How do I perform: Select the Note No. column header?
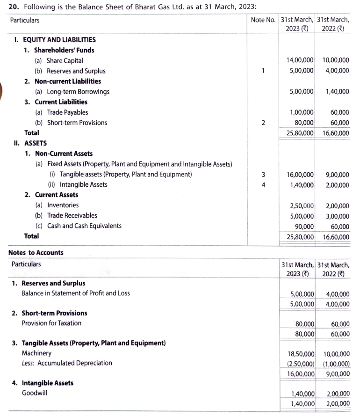point(263,20)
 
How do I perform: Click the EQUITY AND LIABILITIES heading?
point(58,40)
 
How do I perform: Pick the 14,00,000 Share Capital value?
point(300,60)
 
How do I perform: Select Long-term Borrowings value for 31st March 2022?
point(337,92)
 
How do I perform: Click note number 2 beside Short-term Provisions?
point(263,123)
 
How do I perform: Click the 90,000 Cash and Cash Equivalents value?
point(304,226)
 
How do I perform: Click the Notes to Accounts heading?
point(36,253)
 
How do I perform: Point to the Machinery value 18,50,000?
point(300,353)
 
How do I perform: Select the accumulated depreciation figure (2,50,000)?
point(300,364)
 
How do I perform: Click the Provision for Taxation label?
point(51,323)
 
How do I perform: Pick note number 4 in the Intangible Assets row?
point(263,185)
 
